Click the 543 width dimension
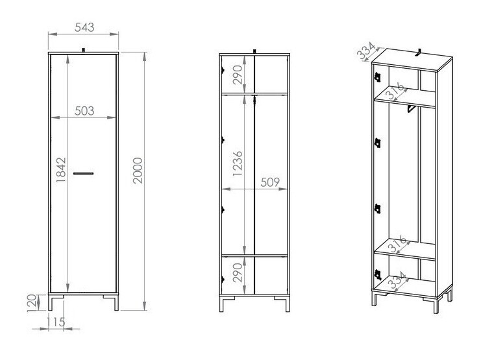[x=84, y=27]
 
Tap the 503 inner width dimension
[x=84, y=111]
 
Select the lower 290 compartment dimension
[x=238, y=272]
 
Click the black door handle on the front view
[x=84, y=173]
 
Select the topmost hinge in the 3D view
[x=376, y=77]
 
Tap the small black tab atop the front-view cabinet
[x=84, y=49]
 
